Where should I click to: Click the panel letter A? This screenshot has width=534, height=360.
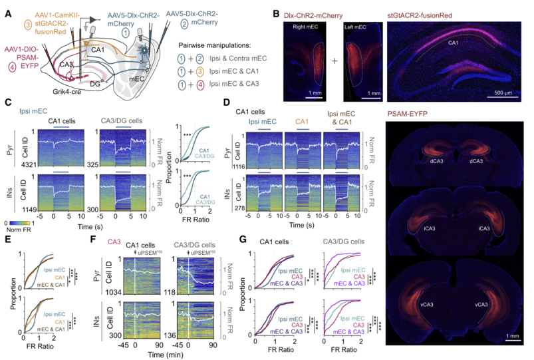(x=7, y=10)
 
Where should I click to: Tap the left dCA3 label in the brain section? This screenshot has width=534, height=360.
(x=430, y=160)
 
